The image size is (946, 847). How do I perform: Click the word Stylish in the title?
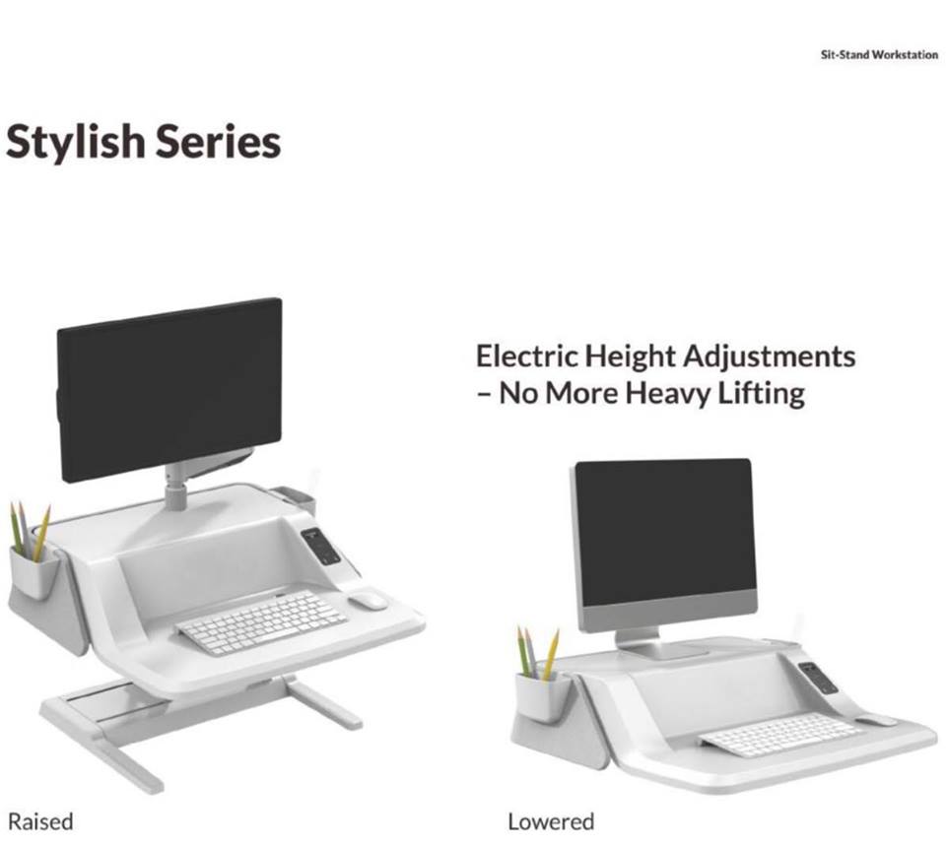76,142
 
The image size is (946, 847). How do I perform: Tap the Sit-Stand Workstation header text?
879,55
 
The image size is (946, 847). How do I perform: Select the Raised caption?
40,821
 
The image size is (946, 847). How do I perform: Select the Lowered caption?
551,821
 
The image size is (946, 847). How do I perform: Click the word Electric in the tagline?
526,356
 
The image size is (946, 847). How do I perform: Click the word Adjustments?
770,357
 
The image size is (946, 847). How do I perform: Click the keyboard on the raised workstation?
260,622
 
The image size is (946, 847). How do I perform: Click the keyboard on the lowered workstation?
778,735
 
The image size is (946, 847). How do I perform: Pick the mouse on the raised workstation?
368,601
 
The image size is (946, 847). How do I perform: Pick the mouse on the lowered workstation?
876,721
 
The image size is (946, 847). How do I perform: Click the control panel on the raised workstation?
321,547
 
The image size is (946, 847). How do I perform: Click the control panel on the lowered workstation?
818,678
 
